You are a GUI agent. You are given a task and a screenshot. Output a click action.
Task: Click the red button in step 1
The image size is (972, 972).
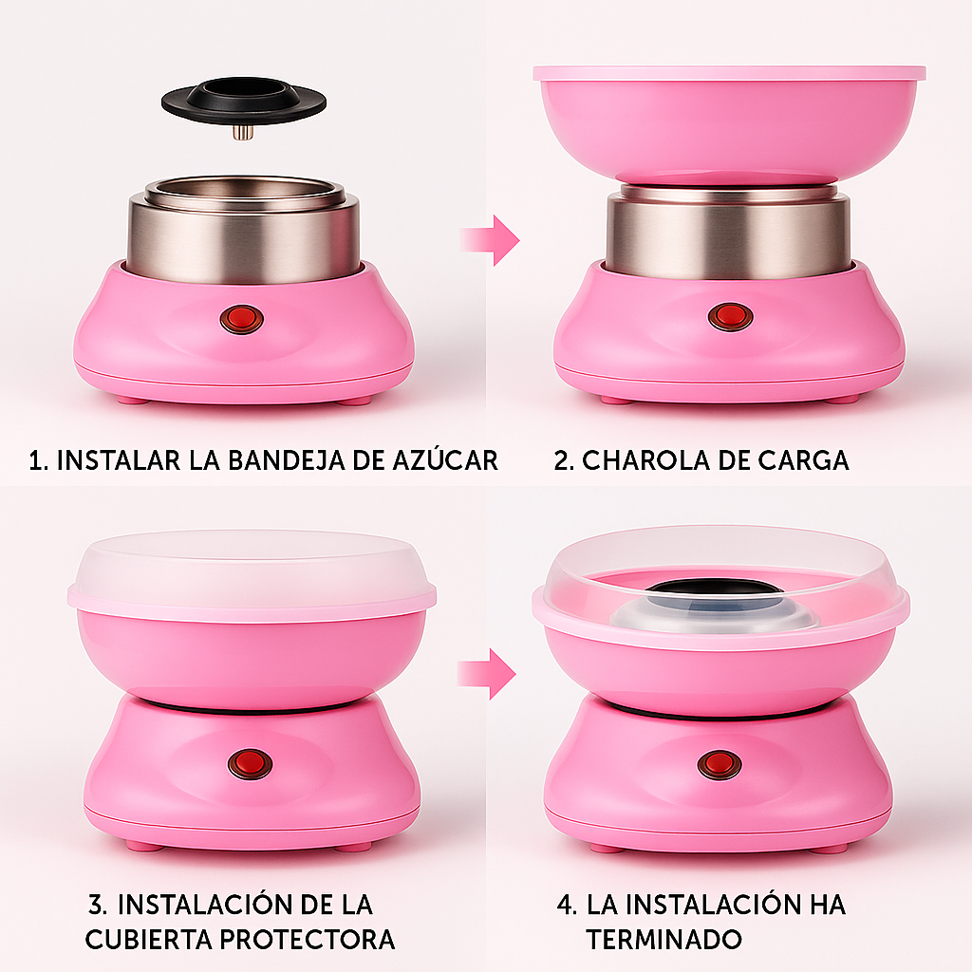[242, 319]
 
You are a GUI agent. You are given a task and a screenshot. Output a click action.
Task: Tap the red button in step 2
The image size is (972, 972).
[730, 317]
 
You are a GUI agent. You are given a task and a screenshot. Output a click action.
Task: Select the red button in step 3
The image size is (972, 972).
[250, 763]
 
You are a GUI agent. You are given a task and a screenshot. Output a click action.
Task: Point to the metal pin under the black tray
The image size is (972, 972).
[244, 132]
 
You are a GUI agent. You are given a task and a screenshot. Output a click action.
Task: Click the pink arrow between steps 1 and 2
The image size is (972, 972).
[490, 240]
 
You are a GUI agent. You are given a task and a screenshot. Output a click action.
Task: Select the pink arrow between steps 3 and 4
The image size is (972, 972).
[487, 674]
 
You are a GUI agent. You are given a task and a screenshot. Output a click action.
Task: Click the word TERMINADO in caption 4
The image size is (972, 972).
[664, 939]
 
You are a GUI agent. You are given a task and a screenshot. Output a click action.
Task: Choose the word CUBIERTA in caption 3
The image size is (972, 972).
[149, 939]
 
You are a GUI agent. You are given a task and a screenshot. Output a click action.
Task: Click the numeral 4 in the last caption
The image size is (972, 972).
[566, 905]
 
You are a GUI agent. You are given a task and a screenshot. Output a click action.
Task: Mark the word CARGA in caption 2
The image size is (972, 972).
[803, 460]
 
